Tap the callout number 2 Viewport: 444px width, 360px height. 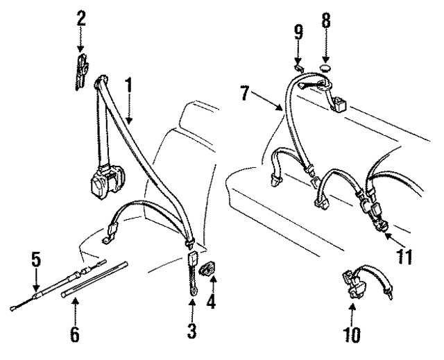(x=81, y=18)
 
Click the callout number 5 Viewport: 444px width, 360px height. (x=36, y=262)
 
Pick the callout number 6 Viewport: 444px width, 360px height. (x=74, y=334)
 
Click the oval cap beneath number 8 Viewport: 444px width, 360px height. (x=326, y=69)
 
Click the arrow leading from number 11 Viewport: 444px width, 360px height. (x=389, y=239)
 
